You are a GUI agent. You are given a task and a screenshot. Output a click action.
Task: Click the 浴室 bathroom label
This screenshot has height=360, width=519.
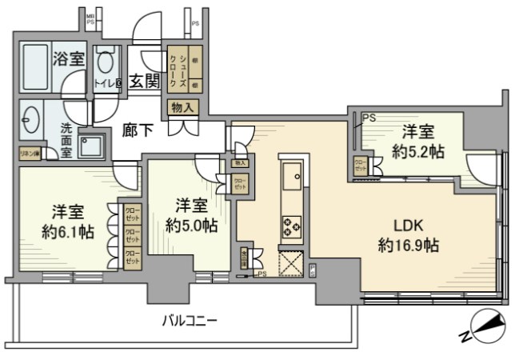tap(69, 58)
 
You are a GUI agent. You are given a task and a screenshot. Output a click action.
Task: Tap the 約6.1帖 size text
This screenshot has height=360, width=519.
tap(70, 232)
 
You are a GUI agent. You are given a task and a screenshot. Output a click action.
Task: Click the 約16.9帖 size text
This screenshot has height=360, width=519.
tap(407, 246)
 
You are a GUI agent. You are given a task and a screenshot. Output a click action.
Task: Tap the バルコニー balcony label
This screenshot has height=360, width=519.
tap(190, 321)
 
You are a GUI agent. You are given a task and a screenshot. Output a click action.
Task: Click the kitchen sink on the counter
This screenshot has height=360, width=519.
tap(291, 171)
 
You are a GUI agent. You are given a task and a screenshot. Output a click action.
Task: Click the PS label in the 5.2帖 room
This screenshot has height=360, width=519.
tap(368, 118)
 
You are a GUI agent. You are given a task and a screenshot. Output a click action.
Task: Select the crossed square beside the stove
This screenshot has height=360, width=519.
tap(289, 262)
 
